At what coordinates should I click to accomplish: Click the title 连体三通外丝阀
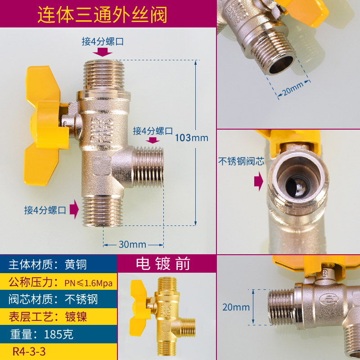[x=102, y=15]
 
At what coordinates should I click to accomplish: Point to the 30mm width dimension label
[x=132, y=244]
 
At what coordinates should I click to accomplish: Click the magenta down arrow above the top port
[x=104, y=52]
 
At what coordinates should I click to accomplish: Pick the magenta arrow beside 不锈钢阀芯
[x=258, y=180]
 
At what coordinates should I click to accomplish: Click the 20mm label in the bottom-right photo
[x=236, y=307]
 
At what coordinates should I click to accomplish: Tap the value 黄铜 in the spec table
[x=76, y=265]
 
